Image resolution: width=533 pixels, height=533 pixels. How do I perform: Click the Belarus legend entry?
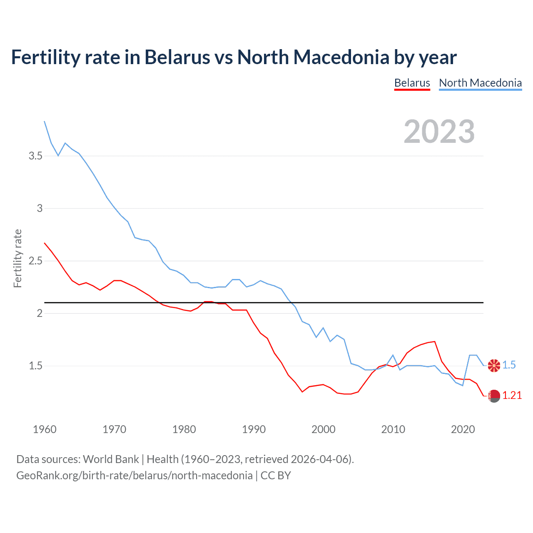click(412, 83)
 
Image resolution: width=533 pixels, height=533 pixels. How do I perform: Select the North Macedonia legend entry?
click(480, 83)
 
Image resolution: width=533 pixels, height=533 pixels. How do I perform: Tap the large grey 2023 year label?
click(439, 132)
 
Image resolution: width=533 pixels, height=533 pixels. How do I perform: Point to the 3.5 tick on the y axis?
click(35, 156)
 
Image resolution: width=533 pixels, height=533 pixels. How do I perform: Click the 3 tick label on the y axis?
click(40, 209)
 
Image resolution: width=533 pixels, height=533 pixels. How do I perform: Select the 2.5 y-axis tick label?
click(35, 261)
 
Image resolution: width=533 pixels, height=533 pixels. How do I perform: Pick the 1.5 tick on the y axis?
click(35, 366)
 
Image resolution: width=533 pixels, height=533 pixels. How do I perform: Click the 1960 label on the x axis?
click(45, 429)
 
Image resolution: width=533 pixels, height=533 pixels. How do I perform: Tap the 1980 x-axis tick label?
click(184, 429)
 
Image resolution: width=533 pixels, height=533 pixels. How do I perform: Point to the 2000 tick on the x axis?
click(324, 429)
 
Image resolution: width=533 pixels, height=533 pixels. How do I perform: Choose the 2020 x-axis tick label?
click(463, 429)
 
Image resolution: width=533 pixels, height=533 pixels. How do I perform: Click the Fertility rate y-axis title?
click(17, 258)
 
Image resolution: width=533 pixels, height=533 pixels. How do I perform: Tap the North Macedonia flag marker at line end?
click(494, 365)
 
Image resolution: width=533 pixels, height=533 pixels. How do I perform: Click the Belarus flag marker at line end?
click(494, 396)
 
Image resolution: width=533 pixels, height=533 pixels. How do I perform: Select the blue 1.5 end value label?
click(509, 365)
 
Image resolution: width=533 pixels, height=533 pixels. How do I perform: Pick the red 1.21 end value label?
click(512, 396)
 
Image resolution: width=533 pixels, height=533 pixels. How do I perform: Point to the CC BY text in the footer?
click(276, 476)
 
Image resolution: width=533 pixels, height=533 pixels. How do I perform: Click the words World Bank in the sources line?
click(111, 459)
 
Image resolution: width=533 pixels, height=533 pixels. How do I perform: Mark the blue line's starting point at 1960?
click(45, 121)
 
